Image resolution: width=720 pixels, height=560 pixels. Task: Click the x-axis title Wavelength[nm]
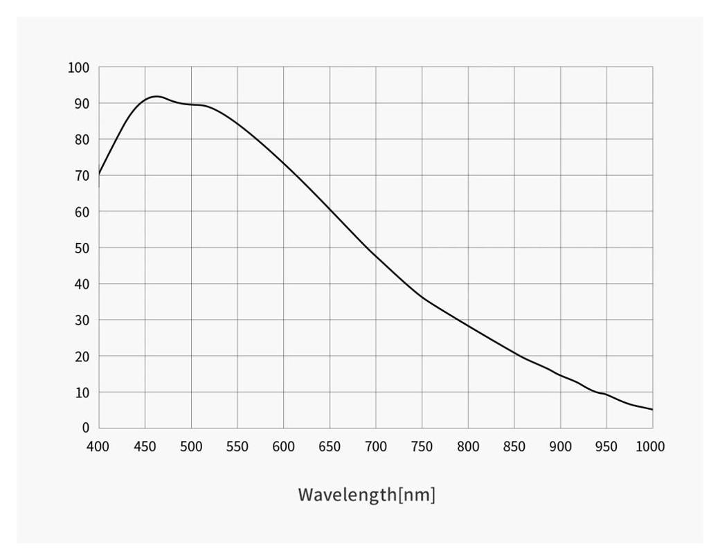pos(366,495)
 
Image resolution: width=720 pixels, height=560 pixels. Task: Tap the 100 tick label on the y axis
pos(78,68)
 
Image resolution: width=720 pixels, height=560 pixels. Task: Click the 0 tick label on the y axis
pos(85,428)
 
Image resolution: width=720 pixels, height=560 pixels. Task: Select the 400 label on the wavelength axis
pos(98,446)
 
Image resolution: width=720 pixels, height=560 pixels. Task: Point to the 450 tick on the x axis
pos(145,446)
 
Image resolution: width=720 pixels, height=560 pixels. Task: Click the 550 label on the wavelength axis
pos(237,446)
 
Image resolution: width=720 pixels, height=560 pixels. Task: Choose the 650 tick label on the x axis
pos(330,446)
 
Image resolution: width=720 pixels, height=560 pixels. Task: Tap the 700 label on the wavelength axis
pos(376,446)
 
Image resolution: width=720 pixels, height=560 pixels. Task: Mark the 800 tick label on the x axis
pos(468,446)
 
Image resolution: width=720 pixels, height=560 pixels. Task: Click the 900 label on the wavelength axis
pos(561,446)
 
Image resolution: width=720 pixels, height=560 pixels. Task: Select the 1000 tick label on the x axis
pos(650,446)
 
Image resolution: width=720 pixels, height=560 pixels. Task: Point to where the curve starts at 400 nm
pos(99,174)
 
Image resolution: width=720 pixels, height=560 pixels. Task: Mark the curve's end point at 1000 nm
pos(652,410)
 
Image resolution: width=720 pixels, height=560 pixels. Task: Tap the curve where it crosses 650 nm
pos(330,208)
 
